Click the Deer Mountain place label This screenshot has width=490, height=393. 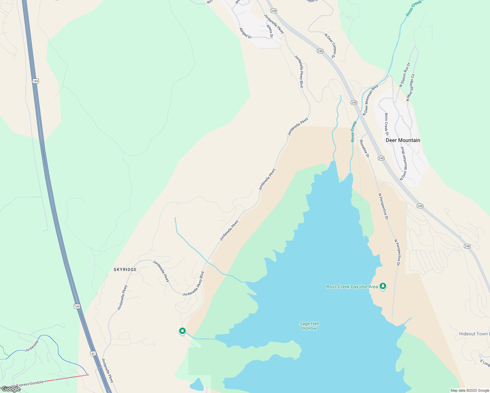pyautogui.click(x=403, y=140)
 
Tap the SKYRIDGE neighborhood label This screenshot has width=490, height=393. pyautogui.click(x=125, y=270)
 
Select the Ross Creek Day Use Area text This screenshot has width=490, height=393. pyautogui.click(x=352, y=287)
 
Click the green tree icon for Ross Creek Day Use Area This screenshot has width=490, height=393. pyautogui.click(x=383, y=286)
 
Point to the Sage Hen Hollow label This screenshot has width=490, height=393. pyautogui.click(x=309, y=326)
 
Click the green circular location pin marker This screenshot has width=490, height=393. pyautogui.click(x=182, y=331)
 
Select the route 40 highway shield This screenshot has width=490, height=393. pyautogui.click(x=93, y=353)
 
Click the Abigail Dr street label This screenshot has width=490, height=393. pyautogui.click(x=245, y=33)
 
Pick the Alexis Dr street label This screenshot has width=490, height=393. pyautogui.click(x=270, y=31)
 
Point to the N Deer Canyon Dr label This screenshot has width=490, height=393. pyautogui.click(x=330, y=46)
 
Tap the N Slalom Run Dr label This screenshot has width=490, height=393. pyautogui.click(x=405, y=75)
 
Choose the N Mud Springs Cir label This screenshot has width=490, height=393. pyautogui.click(x=410, y=87)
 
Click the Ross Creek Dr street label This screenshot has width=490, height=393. pyautogui.click(x=387, y=124)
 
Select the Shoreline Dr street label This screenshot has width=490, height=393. pyautogui.click(x=364, y=148)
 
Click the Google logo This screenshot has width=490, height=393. pyautogui.click(x=11, y=389)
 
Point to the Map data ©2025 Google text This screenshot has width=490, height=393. pyautogui.click(x=470, y=390)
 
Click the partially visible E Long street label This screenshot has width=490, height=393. pyautogui.click(x=485, y=363)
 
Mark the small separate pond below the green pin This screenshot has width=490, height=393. pyautogui.click(x=197, y=384)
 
